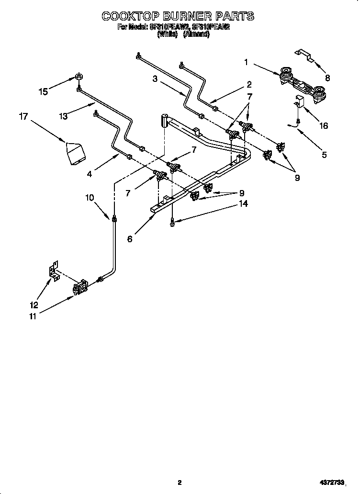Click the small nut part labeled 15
79,77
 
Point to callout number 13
63,115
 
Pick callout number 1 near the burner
246,62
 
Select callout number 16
324,126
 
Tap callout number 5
324,154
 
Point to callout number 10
90,197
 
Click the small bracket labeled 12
54,271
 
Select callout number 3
155,79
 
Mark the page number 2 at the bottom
180,483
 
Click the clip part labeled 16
299,103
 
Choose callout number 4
90,174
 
